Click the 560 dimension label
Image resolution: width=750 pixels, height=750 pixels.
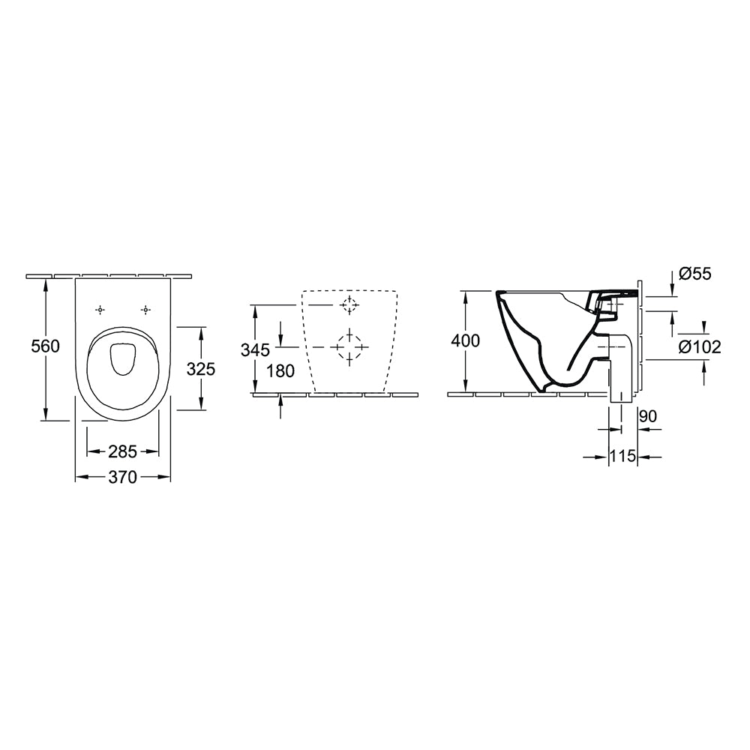tap(45, 346)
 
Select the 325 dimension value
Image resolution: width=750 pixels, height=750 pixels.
tap(200, 368)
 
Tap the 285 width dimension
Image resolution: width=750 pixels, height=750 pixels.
tap(123, 451)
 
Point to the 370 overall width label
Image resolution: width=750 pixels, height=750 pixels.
tap(123, 477)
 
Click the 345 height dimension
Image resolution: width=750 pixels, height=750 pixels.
tap(255, 349)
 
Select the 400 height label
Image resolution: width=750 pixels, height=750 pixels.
tap(466, 340)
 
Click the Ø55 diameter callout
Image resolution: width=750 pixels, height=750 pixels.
tap(695, 274)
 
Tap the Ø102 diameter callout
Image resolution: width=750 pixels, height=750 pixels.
tap(699, 346)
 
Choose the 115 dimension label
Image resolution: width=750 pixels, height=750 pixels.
tap(622, 455)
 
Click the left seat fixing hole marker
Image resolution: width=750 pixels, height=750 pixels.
tap(100, 310)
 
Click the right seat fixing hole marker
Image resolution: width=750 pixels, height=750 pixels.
tap(146, 310)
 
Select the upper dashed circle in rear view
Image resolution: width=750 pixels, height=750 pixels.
tap(349, 304)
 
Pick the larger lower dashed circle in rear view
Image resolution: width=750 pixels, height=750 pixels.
tap(349, 346)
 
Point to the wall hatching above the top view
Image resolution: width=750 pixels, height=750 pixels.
tap(109, 275)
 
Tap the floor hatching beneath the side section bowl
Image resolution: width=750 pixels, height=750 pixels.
tap(525, 394)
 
